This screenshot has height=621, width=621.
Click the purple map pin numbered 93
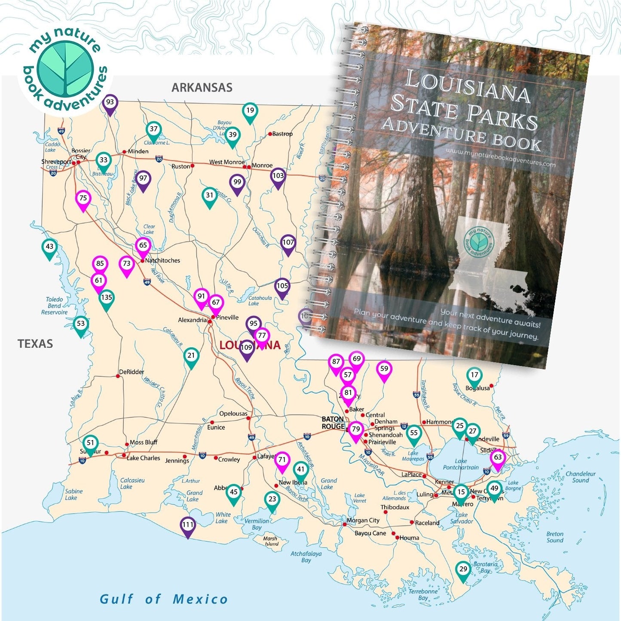tap(110, 103)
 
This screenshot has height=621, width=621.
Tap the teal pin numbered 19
tap(250, 111)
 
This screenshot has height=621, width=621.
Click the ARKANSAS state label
tap(202, 88)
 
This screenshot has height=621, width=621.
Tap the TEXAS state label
tap(35, 344)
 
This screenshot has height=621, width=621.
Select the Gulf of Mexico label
tap(164, 599)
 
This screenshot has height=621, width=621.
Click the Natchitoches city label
tap(162, 260)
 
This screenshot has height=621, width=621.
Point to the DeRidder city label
tap(132, 372)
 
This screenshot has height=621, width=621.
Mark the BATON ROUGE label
tap(333, 422)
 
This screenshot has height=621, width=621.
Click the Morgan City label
tap(363, 520)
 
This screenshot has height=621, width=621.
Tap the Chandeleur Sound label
tap(580, 477)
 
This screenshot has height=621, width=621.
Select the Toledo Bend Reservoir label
tap(55, 306)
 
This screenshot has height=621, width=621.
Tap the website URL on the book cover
tap(501, 157)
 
